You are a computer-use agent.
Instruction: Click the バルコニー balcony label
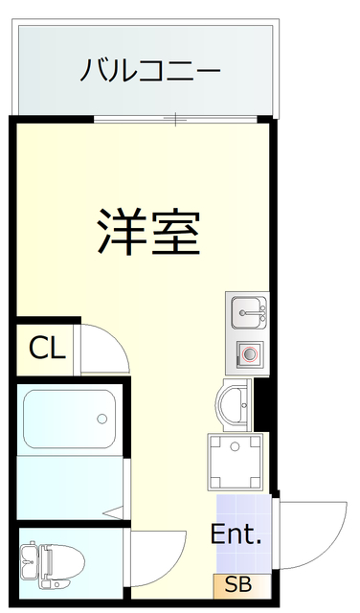[150, 70]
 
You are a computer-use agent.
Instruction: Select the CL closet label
[46, 347]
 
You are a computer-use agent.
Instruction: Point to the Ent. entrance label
[236, 535]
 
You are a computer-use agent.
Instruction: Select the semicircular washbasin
[234, 402]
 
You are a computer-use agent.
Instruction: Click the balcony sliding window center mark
[176, 119]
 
